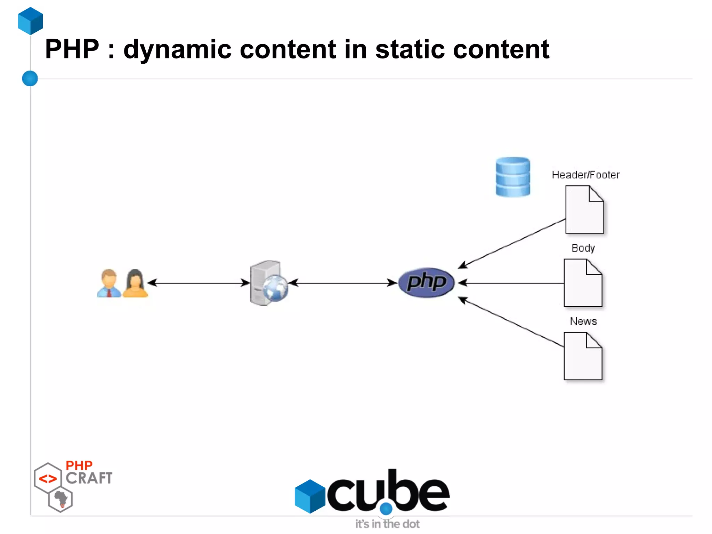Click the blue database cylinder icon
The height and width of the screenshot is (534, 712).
pyautogui.click(x=513, y=177)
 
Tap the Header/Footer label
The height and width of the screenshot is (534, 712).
pyautogui.click(x=585, y=175)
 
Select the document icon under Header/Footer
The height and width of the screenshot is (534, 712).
pyautogui.click(x=584, y=210)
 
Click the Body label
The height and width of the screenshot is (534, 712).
pyautogui.click(x=583, y=248)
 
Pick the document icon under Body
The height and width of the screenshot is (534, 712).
pyautogui.click(x=583, y=283)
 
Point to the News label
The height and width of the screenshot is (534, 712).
pyautogui.click(x=583, y=321)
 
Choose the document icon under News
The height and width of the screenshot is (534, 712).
pyautogui.click(x=583, y=356)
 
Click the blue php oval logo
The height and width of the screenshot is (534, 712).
pyautogui.click(x=426, y=282)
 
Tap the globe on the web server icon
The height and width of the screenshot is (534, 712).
pyautogui.click(x=275, y=288)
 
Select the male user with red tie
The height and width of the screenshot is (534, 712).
pyautogui.click(x=109, y=283)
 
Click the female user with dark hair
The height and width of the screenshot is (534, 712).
pyautogui.click(x=135, y=283)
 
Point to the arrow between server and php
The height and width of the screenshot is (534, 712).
pyautogui.click(x=342, y=283)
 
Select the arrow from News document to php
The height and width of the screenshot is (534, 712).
pyautogui.click(x=511, y=322)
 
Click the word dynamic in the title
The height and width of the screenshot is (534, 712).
pyautogui.click(x=177, y=49)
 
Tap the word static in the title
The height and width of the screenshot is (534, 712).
pyautogui.click(x=410, y=49)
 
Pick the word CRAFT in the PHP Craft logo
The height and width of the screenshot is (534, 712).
pyautogui.click(x=89, y=478)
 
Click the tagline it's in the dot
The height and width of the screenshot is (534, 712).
pyautogui.click(x=387, y=524)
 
